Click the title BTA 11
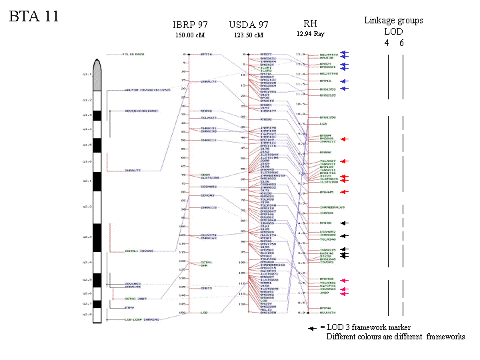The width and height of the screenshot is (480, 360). (33, 17)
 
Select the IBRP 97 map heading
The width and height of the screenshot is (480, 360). (189, 25)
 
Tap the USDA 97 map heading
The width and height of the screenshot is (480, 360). (248, 25)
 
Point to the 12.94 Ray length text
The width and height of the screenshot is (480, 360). (311, 33)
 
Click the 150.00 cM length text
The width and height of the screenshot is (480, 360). (188, 35)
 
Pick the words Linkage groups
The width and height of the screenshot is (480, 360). (393, 21)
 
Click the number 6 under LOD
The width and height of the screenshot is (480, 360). (402, 43)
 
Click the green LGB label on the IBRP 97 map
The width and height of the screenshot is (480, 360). (205, 312)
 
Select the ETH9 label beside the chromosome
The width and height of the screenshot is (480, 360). (111, 308)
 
